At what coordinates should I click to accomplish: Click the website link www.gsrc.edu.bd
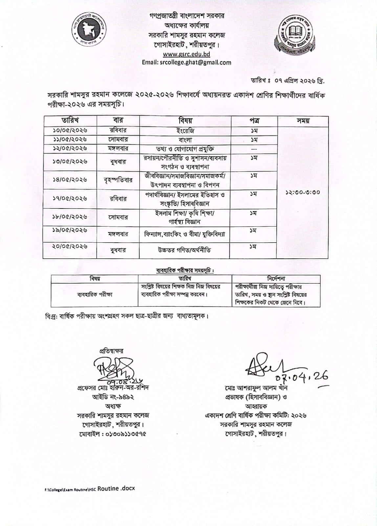tap(186, 54)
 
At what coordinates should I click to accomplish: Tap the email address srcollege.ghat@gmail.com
tap(186, 62)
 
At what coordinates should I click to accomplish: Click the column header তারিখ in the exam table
tap(70, 120)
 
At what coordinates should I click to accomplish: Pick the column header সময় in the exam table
tap(303, 121)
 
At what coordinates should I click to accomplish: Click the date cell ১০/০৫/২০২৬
tap(70, 131)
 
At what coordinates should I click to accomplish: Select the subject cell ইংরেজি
tap(185, 131)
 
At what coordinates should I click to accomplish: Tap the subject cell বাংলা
tap(185, 140)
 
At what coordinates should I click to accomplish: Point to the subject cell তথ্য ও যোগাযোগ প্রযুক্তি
tap(185, 149)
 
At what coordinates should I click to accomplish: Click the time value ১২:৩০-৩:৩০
tap(303, 192)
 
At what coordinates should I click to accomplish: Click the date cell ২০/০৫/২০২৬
tap(70, 246)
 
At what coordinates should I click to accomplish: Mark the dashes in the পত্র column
tap(254, 149)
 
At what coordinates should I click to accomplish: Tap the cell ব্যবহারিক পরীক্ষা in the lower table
tap(95, 295)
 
